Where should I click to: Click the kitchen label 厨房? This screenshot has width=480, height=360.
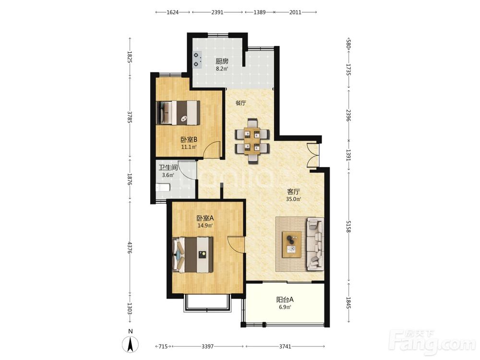coord(222,61)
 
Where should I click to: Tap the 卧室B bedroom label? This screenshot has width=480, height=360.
coord(189,140)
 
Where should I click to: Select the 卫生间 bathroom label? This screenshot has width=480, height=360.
coord(168,168)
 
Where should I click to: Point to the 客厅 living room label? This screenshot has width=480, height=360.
coord(293,192)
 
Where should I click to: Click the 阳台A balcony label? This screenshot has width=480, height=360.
coord(285,300)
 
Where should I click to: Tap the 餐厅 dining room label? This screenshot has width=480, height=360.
coord(240,103)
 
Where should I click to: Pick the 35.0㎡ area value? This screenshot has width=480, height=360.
coord(294,199)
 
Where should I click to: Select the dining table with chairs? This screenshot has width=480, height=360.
coord(252,141)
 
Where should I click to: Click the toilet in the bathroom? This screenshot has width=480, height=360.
coord(163,187)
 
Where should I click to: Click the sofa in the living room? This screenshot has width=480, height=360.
coord(315,244)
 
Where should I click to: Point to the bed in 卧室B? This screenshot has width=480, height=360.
coord(178,113)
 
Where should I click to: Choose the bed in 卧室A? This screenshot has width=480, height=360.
coord(192,255)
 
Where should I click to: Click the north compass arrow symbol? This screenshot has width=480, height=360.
coord(131,344)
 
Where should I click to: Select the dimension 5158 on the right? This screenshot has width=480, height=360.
coord(348,226)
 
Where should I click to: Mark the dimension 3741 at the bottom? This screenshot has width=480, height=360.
coord(285,346)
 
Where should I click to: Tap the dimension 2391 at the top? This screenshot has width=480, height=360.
coord(217,12)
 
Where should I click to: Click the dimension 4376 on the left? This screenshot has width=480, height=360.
coord(130,247)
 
